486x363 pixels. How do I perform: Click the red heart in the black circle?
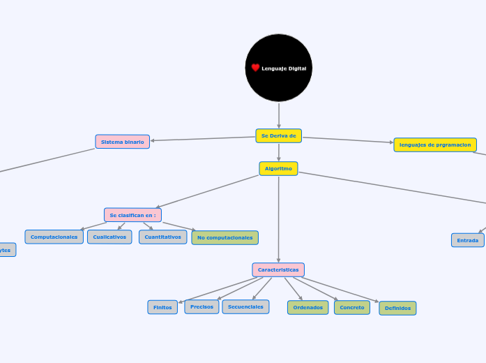click(x=255, y=68)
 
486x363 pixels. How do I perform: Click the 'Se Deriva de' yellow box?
click(x=278, y=135)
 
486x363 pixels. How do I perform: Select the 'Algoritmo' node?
click(x=278, y=168)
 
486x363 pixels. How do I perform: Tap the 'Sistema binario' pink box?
click(x=123, y=142)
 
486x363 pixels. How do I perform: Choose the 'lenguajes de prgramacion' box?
click(x=435, y=145)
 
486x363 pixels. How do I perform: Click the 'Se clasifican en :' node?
click(x=132, y=215)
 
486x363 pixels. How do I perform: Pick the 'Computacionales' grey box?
click(x=54, y=237)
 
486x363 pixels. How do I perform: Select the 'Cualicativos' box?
click(x=109, y=237)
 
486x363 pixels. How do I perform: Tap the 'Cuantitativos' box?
click(x=162, y=237)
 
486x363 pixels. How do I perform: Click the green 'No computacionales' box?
click(x=225, y=237)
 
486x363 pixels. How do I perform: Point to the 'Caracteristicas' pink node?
click(x=278, y=269)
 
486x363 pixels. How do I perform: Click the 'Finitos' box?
click(x=162, y=307)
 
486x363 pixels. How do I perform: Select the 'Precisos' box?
click(x=202, y=306)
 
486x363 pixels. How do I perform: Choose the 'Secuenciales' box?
click(x=245, y=306)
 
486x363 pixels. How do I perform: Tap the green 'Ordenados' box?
click(x=307, y=307)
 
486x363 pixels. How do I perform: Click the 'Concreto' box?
click(x=352, y=307)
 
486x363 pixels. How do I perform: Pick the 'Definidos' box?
click(x=397, y=308)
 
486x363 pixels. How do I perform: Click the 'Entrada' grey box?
click(x=467, y=240)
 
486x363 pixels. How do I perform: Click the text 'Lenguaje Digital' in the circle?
click(x=284, y=68)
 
